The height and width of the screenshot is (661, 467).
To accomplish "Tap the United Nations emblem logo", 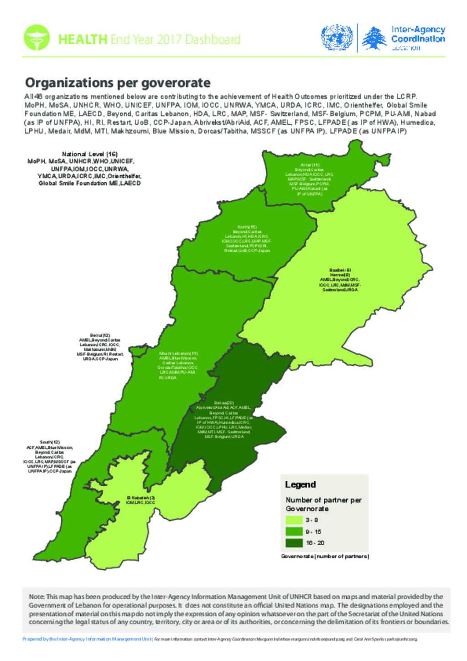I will (x=337, y=38).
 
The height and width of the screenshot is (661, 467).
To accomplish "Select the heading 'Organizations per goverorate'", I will (x=117, y=83).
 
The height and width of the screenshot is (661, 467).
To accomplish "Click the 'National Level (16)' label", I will (x=90, y=154).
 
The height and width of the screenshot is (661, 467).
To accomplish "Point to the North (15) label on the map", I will (x=247, y=227).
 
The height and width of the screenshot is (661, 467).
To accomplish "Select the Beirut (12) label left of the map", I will (x=100, y=335).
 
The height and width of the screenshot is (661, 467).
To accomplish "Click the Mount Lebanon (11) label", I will (x=178, y=353).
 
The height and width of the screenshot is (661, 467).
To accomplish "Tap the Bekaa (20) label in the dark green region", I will (x=224, y=402).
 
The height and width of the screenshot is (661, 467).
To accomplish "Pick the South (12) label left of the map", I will (x=50, y=442).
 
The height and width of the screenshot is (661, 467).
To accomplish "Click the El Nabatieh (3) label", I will (x=140, y=497).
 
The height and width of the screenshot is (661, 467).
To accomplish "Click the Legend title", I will (x=300, y=484).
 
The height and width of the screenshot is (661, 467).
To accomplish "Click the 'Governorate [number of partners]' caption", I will (x=325, y=557).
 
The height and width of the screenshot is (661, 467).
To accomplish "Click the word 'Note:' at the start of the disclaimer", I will (x=36, y=597).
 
